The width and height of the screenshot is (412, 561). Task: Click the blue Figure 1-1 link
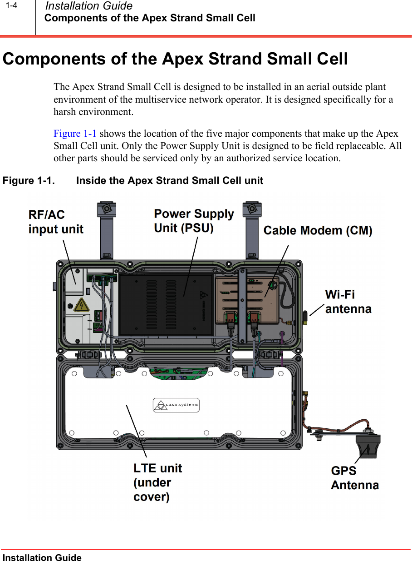(75, 134)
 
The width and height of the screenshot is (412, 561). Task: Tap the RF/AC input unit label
(56, 222)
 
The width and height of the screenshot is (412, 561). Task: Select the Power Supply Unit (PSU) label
(194, 221)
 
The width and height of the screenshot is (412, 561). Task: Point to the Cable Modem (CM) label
(318, 231)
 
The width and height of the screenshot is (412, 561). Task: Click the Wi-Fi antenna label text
(348, 302)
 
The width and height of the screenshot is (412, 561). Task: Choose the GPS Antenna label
(354, 478)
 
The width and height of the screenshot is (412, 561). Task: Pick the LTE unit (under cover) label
(157, 482)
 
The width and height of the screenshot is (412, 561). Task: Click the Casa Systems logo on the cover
(176, 405)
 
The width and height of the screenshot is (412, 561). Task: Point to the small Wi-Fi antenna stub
(305, 316)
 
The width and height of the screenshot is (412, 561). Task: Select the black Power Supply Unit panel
(166, 304)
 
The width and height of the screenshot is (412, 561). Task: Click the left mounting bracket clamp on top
(107, 209)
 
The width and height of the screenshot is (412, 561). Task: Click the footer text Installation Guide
(42, 557)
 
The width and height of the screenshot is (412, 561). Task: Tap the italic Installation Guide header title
(89, 6)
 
